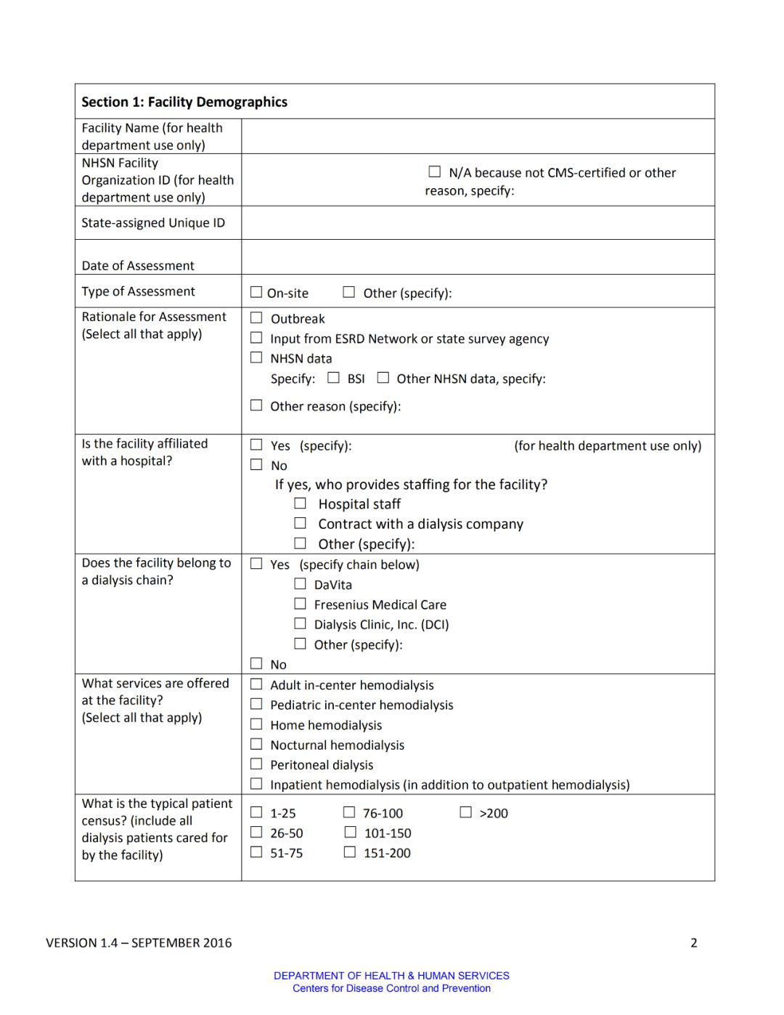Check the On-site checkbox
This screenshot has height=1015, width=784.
256,292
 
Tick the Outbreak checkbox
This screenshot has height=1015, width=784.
256,318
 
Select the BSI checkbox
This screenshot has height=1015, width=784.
334,378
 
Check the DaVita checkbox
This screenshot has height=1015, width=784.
300,583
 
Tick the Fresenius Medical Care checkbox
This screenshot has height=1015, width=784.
300,604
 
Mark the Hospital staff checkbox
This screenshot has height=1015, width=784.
300,503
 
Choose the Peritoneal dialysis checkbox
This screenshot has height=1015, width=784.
256,764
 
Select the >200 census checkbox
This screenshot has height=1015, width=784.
466,812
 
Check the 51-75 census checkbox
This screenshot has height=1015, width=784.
256,852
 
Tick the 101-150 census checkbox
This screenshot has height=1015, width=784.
350,832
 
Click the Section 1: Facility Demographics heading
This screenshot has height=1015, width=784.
184,102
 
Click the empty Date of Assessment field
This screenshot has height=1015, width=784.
478,257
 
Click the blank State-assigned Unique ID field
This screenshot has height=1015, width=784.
478,223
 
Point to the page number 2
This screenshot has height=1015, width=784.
694,943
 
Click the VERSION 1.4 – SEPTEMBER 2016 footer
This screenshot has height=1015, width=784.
139,943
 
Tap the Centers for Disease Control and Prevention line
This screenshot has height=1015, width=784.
391,989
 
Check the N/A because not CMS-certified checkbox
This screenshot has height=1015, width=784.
435,172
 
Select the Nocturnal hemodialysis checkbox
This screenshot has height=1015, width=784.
256,744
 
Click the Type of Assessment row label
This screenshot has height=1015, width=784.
138,291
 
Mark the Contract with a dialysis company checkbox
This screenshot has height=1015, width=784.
300,523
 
